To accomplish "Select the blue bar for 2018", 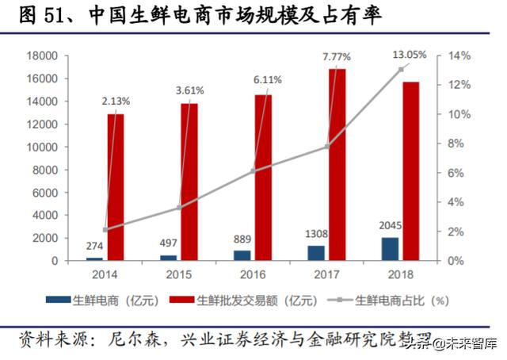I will point(389,249).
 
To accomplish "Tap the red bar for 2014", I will point(116,187).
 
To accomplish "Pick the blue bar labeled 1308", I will point(316,253).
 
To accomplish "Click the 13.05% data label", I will point(410,55).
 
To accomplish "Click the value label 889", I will point(242,239).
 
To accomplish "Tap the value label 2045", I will point(389,225).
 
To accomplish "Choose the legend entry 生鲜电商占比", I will point(394,301).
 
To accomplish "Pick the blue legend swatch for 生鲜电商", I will point(58,301).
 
